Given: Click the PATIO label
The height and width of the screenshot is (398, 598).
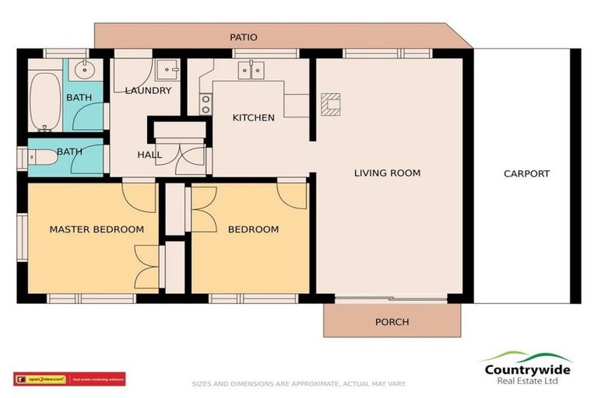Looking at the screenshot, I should pyautogui.click(x=244, y=37).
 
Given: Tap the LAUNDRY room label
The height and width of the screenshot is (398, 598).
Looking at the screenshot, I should pyautogui.click(x=148, y=90).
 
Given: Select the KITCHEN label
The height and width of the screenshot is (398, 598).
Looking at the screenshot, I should pyautogui.click(x=254, y=118).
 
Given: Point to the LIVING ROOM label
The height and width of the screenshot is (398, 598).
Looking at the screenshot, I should pyautogui.click(x=387, y=173).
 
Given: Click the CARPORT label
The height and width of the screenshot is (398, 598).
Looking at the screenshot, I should pyautogui.click(x=526, y=174).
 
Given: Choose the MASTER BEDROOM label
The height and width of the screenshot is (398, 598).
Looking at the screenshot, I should pyautogui.click(x=97, y=229).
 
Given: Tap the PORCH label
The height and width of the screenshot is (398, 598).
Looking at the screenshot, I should pyautogui.click(x=392, y=322).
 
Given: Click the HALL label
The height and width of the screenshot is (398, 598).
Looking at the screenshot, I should pyautogui.click(x=149, y=155).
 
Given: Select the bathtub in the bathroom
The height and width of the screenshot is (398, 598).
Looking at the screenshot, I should pyautogui.click(x=44, y=101).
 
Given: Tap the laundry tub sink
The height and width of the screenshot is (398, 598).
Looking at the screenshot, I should pyautogui.click(x=167, y=71).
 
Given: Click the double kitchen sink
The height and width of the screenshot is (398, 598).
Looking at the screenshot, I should pyautogui.click(x=251, y=71).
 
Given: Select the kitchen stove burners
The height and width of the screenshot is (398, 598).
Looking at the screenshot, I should pyautogui.click(x=206, y=104).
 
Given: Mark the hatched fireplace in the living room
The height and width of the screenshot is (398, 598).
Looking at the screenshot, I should pyautogui.click(x=331, y=104).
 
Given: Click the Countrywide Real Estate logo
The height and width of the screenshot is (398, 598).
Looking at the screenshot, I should pyautogui.click(x=527, y=367).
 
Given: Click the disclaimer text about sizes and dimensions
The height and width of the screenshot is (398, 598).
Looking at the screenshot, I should pyautogui.click(x=299, y=383).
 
